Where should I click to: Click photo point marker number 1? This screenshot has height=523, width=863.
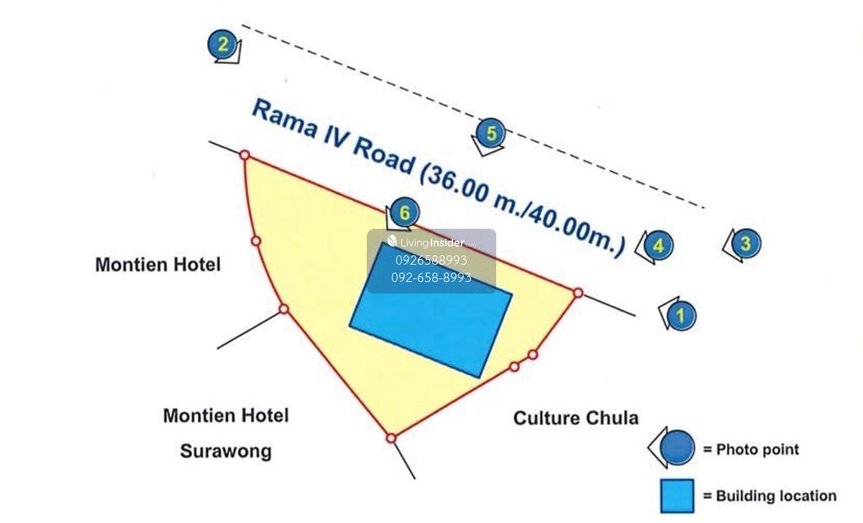681,315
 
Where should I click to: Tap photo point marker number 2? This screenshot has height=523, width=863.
223,45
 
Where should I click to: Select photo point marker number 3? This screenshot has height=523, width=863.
745,243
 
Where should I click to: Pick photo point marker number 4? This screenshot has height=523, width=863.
659,246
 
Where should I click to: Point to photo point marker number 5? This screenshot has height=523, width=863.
491,134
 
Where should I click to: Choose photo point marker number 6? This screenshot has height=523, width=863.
405,213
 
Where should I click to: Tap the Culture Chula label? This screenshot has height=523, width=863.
575,418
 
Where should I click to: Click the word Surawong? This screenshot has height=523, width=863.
226,451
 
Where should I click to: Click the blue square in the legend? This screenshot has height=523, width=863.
677,496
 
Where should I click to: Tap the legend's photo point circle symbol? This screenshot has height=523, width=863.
676,448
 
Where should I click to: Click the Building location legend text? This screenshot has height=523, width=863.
769,496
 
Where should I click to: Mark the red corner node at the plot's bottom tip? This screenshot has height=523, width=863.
391,437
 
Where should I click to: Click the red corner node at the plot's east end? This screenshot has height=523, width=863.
577,293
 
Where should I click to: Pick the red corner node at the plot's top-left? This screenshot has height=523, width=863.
245,155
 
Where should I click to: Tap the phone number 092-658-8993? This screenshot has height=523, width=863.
431,277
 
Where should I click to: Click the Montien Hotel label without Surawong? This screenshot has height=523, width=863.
157,265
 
